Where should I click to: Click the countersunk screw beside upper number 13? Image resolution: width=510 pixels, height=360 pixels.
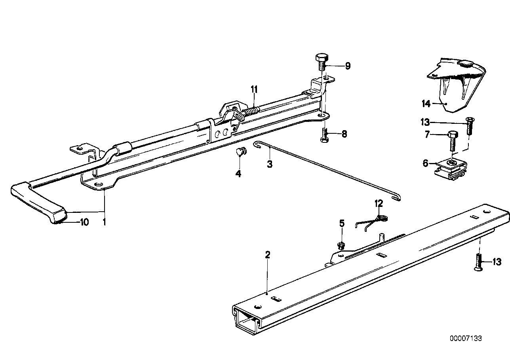pos(470,127)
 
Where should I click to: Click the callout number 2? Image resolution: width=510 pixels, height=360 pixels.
pos(268,256)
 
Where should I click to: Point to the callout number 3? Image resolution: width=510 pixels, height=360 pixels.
pos(269,163)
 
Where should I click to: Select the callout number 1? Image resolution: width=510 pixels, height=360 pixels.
pos(104,222)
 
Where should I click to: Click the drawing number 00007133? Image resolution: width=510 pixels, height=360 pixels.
pos(466,338)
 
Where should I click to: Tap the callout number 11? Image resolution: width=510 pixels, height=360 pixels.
pos(254,89)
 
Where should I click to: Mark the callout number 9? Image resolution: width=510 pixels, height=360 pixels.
pos(347,66)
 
